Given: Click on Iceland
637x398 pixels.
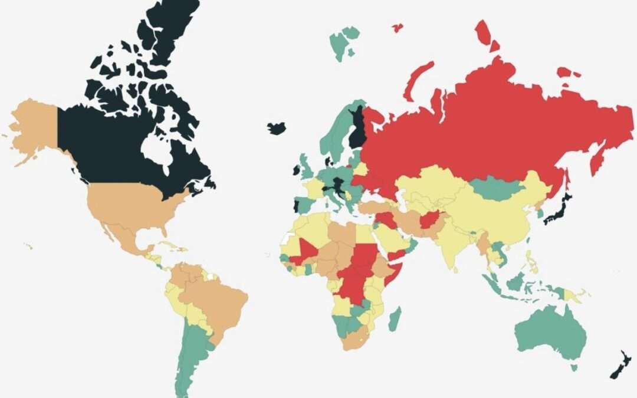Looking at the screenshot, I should (x=276, y=128).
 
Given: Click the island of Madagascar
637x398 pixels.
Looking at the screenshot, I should (x=395, y=319).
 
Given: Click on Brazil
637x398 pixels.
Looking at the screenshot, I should (x=218, y=301).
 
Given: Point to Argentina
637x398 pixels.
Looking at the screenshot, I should (x=192, y=354).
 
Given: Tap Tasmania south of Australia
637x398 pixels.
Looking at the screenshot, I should (x=573, y=368).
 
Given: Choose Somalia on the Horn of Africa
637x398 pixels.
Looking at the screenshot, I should (x=392, y=275).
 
